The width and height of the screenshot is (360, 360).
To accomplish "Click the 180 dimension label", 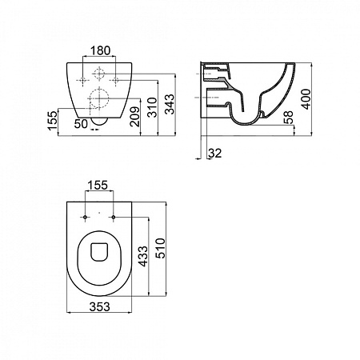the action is [100, 50].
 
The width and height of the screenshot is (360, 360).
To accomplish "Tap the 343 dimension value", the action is [170, 104].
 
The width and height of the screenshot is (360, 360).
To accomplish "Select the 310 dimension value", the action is [153, 107].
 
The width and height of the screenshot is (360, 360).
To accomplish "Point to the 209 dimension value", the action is [134, 117].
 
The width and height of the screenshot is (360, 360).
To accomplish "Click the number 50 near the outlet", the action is [81, 124].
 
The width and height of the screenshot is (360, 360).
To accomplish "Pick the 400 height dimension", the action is [306, 99].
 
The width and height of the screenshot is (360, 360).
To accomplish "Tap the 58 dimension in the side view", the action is [288, 118].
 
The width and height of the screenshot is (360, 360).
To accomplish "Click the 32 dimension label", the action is [214, 154].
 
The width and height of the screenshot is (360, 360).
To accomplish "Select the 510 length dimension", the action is [161, 248].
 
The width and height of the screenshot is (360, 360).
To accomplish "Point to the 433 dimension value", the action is [142, 256].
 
